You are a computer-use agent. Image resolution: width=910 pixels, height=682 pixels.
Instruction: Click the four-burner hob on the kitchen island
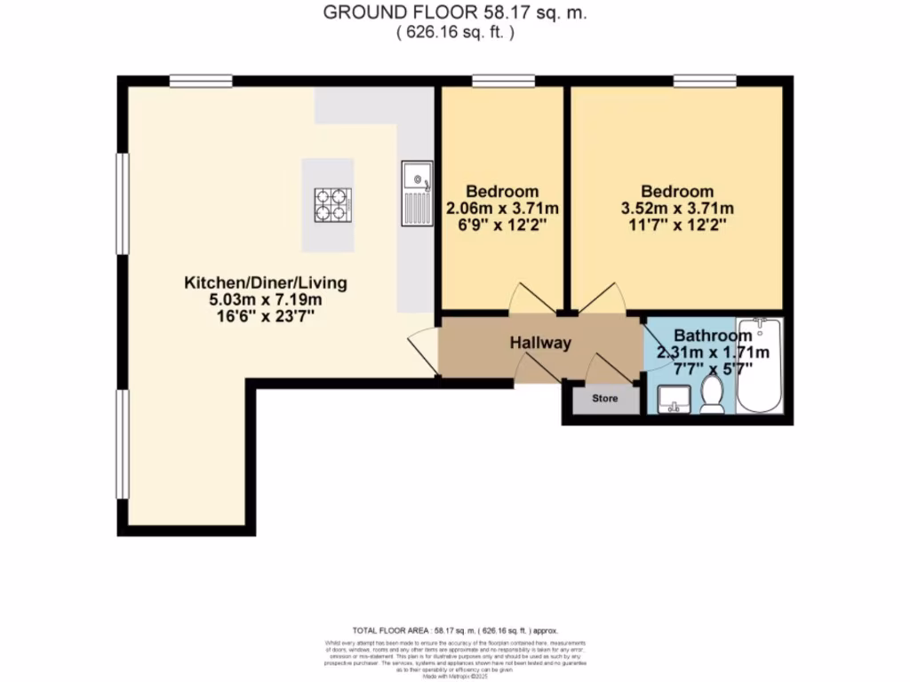pyautogui.click(x=328, y=205)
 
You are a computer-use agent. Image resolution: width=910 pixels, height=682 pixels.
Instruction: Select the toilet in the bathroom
pyautogui.click(x=712, y=395)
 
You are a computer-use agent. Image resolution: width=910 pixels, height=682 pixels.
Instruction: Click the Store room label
pyautogui.click(x=605, y=399)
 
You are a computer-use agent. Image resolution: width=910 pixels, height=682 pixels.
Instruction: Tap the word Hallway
pyautogui.click(x=539, y=343)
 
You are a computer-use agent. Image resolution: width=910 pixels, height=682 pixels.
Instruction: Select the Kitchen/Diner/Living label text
pyautogui.click(x=265, y=283)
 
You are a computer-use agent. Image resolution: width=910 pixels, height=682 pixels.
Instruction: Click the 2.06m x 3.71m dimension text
pyautogui.click(x=502, y=209)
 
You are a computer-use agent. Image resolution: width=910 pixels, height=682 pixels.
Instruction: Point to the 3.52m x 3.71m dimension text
pyautogui.click(x=677, y=209)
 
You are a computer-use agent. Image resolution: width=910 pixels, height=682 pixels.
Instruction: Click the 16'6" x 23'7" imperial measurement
pyautogui.click(x=265, y=315)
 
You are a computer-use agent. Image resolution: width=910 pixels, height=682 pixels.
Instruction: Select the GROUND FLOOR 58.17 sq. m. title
pyautogui.click(x=454, y=13)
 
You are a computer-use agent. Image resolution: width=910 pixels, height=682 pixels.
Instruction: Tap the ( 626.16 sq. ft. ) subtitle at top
pyautogui.click(x=454, y=32)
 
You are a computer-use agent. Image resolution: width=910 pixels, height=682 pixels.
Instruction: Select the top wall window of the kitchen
pyautogui.click(x=201, y=81)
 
